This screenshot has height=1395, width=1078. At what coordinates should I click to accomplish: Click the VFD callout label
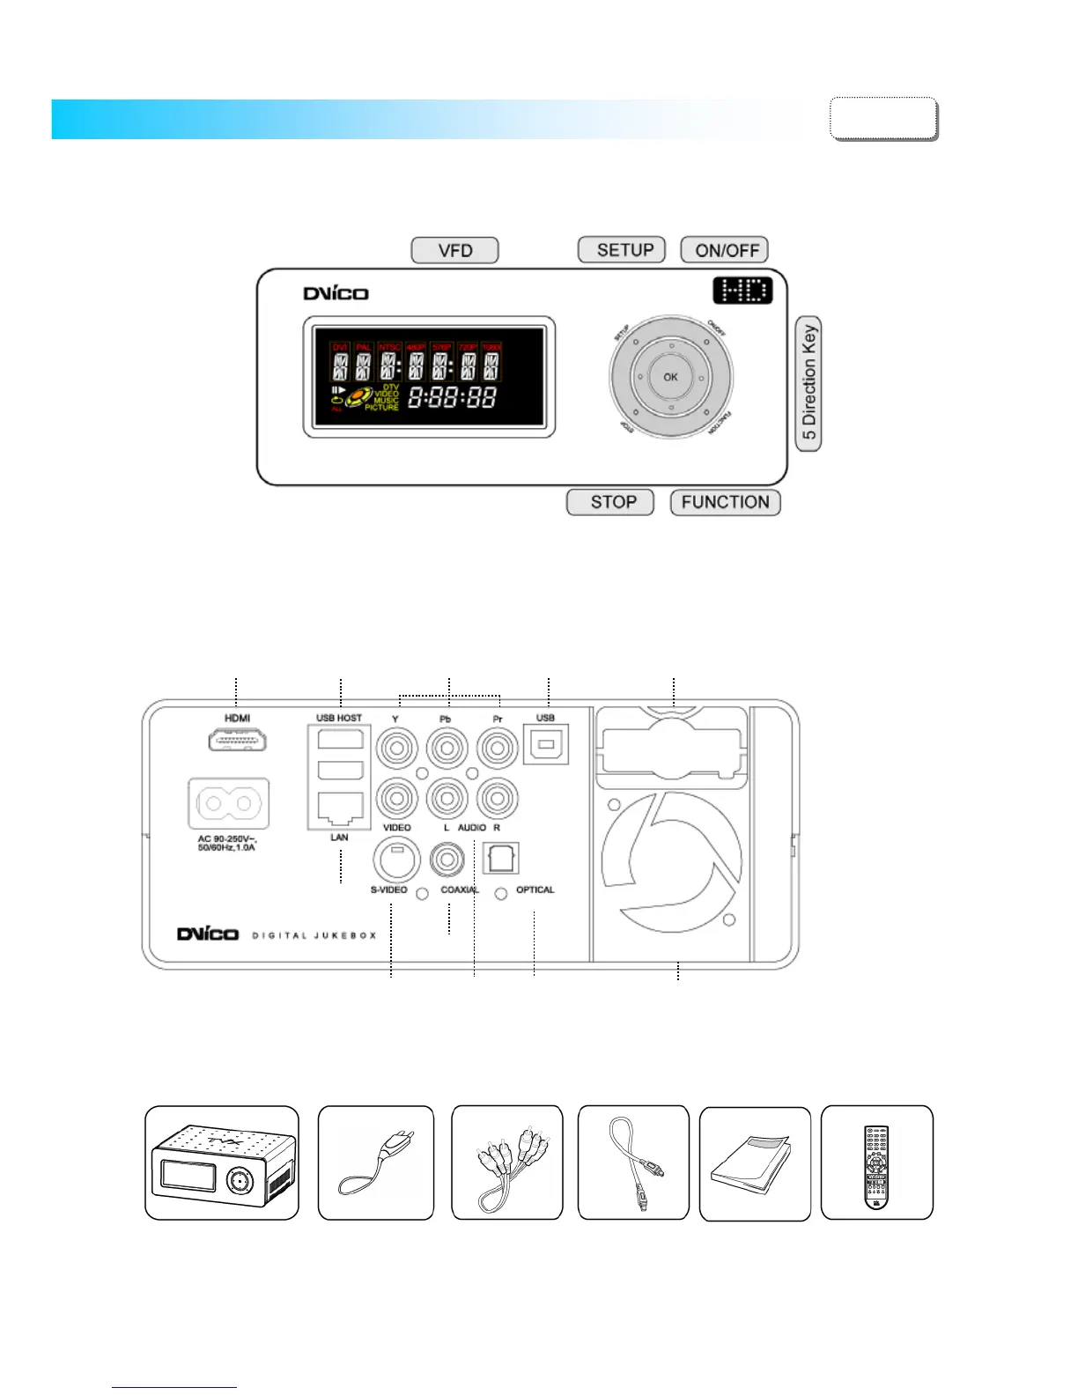pos(454,251)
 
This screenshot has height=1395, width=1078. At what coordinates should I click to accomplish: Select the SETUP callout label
pos(622,250)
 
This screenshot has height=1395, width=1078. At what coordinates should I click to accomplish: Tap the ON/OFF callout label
pos(725,250)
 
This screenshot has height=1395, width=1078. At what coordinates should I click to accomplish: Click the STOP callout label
pos(610,502)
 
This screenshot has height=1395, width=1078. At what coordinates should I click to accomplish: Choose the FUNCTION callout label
pos(726,502)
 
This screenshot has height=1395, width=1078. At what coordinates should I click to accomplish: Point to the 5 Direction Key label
pos(808,383)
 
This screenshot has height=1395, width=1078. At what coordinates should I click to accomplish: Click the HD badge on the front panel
pos(742,291)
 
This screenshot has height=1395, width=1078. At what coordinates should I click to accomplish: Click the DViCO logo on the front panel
pos(336,293)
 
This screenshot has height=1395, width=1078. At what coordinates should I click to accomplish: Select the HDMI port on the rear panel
pos(238,740)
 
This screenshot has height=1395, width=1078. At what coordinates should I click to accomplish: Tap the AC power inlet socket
pos(229,803)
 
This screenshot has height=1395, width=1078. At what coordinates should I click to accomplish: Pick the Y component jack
pos(396,749)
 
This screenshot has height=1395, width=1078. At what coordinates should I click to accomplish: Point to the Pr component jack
pos(498,749)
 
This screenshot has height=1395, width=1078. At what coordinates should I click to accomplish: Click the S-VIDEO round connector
pos(396,858)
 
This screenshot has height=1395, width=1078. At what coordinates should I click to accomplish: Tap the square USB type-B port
pos(546,745)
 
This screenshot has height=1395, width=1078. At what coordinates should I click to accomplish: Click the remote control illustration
pos(876,1163)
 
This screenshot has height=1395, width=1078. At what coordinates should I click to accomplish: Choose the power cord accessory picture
pos(376,1163)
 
